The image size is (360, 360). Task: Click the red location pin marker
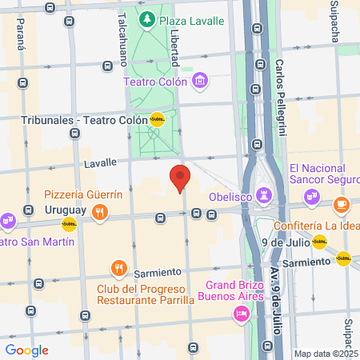click(x=179, y=178)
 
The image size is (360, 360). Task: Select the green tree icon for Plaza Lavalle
click(x=146, y=19)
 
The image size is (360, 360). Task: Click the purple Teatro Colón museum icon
click(x=200, y=81)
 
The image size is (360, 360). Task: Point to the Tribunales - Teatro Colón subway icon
click(x=158, y=120)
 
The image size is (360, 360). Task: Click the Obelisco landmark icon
click(x=264, y=196)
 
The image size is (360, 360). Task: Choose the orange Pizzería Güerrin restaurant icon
click(x=100, y=211)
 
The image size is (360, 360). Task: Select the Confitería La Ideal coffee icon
click(x=342, y=205)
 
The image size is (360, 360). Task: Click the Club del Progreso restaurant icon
click(x=119, y=267)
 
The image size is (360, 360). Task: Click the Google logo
click(x=26, y=350)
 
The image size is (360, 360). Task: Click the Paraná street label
click(x=21, y=36)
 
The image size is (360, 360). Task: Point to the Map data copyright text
click(x=326, y=353)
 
